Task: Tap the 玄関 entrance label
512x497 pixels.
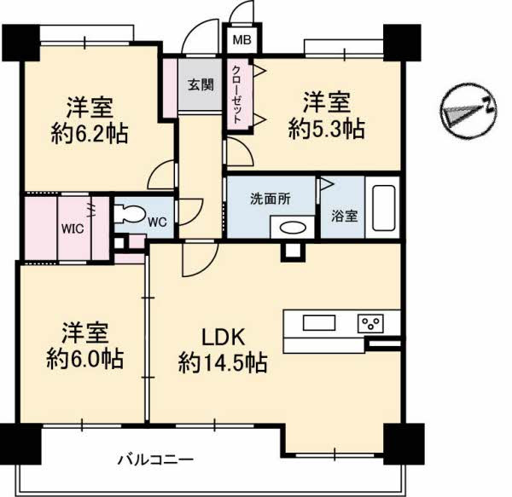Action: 201,85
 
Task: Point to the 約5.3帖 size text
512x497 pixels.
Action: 327,128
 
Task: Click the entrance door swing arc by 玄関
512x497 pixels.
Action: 200,41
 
